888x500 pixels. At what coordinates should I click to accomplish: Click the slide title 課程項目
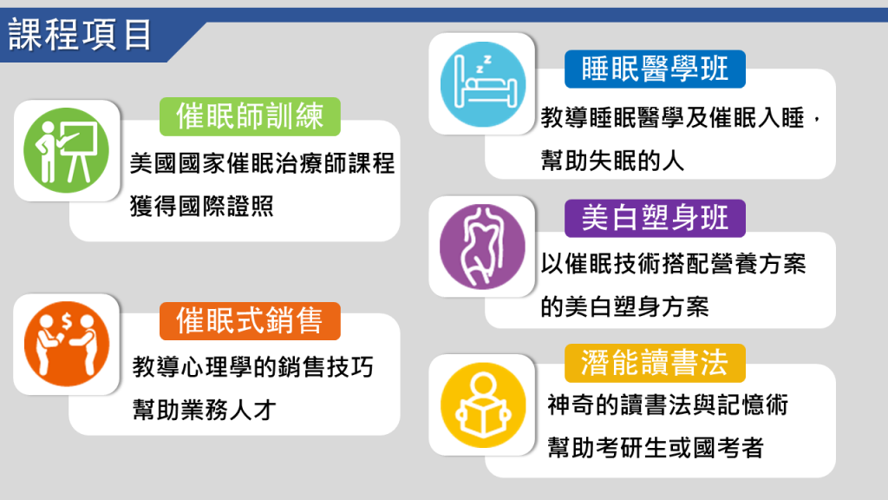coord(80,35)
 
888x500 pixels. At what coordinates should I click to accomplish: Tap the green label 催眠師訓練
coord(250,116)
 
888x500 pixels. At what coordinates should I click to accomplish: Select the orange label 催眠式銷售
coord(250,321)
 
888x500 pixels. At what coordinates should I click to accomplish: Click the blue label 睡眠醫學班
coord(655,69)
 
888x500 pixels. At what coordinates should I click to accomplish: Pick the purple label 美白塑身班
coord(655,218)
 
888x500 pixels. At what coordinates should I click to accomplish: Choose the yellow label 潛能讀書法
coord(655,363)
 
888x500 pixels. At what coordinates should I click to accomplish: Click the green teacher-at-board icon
coord(66,150)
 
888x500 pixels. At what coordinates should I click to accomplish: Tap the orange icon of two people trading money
coord(66,344)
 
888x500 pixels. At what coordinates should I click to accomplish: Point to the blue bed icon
coord(482,84)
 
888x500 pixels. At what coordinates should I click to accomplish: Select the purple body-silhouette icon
coord(482,247)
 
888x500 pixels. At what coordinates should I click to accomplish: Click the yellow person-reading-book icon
coord(482,405)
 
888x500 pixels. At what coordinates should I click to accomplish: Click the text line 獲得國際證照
coord(201,207)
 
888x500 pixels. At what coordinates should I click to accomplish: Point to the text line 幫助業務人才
coord(204,410)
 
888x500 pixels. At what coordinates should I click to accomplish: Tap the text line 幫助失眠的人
coord(612,161)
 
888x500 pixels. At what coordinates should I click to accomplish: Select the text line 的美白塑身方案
coord(624,307)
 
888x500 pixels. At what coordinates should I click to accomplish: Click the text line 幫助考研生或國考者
coord(656,448)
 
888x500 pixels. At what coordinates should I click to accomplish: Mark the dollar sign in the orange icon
coord(67,322)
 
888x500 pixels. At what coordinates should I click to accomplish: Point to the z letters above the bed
coord(483,63)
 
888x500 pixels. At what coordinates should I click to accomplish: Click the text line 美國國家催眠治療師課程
coord(262,164)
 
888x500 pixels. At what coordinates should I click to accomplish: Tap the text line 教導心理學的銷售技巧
coord(252,367)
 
